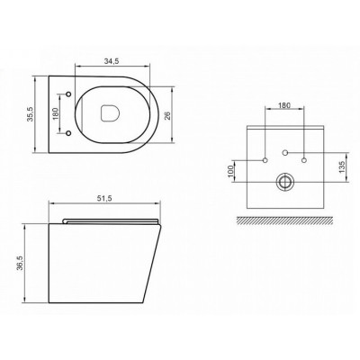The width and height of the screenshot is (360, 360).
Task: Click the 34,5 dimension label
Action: [x=112, y=61]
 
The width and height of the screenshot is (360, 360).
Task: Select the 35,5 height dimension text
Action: [x=30, y=114]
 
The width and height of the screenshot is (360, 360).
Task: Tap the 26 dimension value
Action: [x=167, y=115]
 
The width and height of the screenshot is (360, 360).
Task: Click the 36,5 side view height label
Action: [x=21, y=264]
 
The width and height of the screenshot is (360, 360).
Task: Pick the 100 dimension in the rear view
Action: [x=230, y=171]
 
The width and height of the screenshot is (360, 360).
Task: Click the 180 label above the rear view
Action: [x=284, y=105]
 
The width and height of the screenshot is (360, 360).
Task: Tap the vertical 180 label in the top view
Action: [x=56, y=113]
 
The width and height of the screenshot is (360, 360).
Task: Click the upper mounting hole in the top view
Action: [x=68, y=94]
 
